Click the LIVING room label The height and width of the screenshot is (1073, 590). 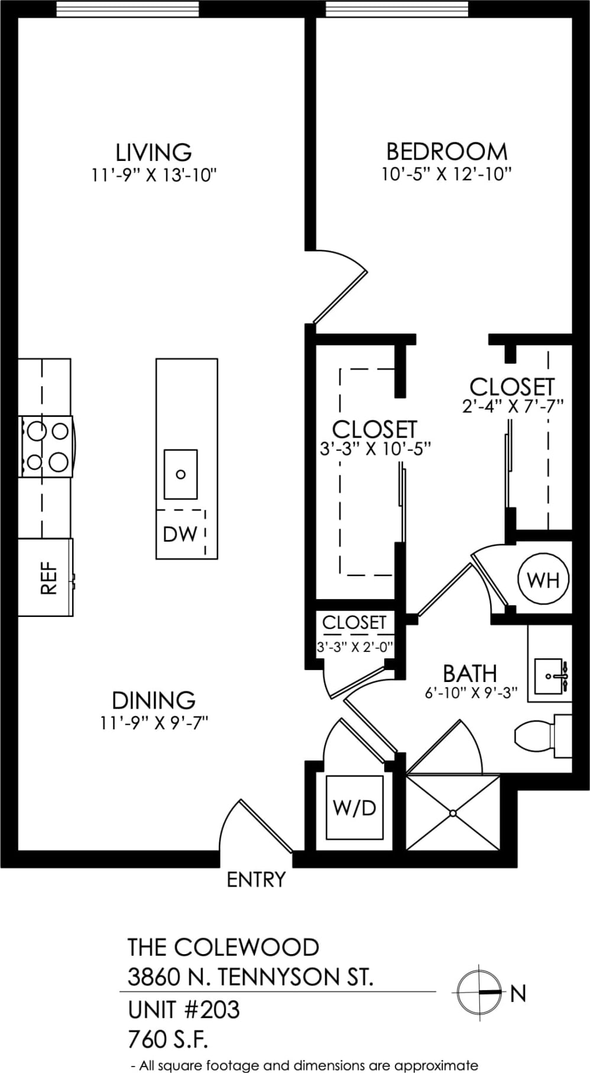[154, 152]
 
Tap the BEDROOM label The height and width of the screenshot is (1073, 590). [446, 151]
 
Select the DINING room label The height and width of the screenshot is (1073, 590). [154, 700]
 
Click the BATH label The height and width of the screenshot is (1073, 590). [470, 673]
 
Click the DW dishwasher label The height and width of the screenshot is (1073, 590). [180, 534]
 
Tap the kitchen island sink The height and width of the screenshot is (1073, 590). [180, 474]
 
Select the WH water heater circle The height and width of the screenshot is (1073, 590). [543, 579]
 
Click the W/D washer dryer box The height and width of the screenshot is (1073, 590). [355, 807]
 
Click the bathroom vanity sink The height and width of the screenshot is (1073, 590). [550, 676]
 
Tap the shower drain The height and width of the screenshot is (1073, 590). [453, 813]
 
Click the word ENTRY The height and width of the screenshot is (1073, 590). [256, 880]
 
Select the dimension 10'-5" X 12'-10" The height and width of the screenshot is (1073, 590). [446, 174]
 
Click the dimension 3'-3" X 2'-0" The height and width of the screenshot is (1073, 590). [355, 647]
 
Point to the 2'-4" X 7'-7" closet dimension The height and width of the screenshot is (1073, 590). [513, 406]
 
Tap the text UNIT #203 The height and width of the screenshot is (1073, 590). [184, 1010]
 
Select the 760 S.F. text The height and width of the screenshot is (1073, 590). [168, 1039]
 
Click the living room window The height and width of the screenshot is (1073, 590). [128, 9]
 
